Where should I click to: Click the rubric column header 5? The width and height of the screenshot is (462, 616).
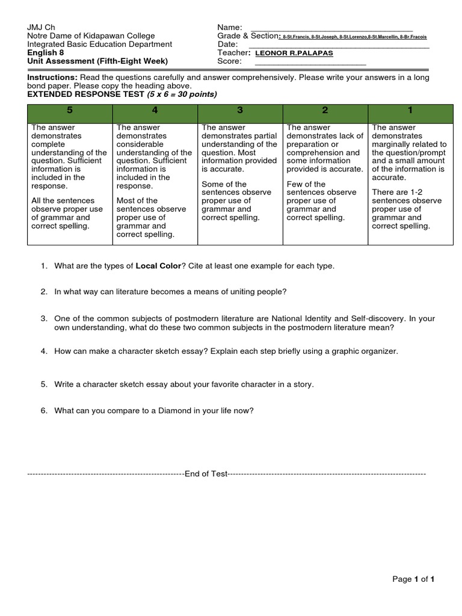(70, 111)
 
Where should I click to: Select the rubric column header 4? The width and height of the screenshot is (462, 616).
(155, 111)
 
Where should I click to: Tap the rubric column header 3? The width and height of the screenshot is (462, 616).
(240, 111)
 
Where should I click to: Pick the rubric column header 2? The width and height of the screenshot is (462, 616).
(325, 111)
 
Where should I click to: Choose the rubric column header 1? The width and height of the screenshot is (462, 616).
(410, 111)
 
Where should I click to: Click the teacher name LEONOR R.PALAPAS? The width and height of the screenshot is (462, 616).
(294, 53)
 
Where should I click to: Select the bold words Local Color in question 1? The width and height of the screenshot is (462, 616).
(158, 266)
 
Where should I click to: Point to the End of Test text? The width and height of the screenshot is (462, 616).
(206, 474)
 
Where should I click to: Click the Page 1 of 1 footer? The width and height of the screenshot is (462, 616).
(413, 579)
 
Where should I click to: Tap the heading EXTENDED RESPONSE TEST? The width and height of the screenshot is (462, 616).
(86, 94)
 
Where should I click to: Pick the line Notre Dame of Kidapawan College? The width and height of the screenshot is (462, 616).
(91, 36)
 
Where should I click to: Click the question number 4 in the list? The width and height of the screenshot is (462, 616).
(44, 351)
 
